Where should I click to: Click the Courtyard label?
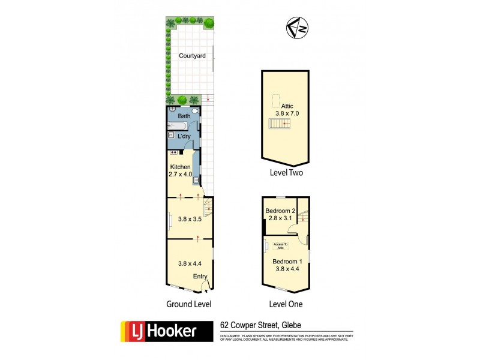tap(192, 56)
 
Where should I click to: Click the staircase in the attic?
tap(280, 124)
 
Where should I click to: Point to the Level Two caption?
tap(286, 173)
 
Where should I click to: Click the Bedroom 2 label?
tap(280, 214)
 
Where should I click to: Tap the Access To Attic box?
tap(281, 245)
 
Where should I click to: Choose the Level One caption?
tap(286, 304)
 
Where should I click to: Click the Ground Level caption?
tap(189, 304)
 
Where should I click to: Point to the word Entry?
tap(200, 277)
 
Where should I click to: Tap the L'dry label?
tap(184, 136)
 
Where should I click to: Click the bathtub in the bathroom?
tap(178, 126)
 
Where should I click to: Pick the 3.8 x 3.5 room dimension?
tap(190, 219)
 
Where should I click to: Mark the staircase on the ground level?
tap(207, 209)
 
